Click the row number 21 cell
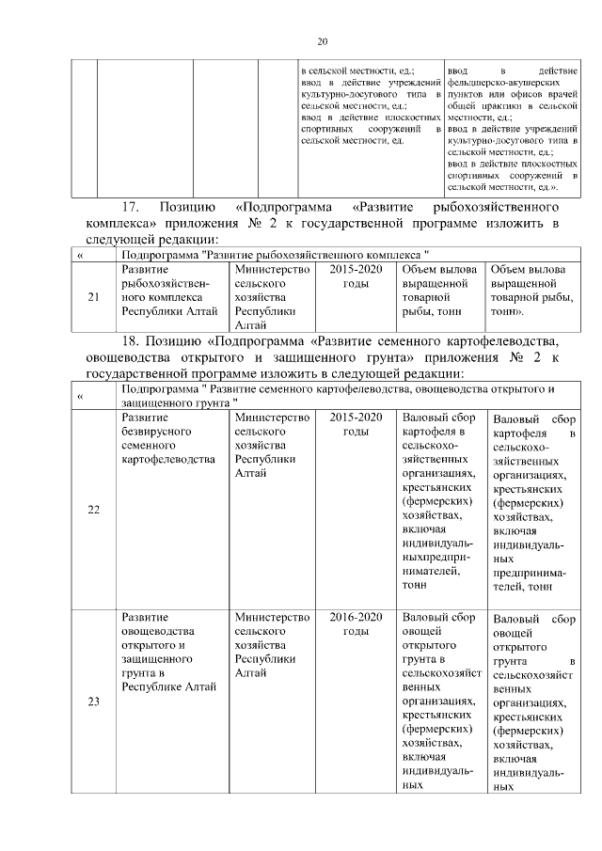[93, 298]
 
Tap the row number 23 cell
[93, 701]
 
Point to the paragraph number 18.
[134, 340]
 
